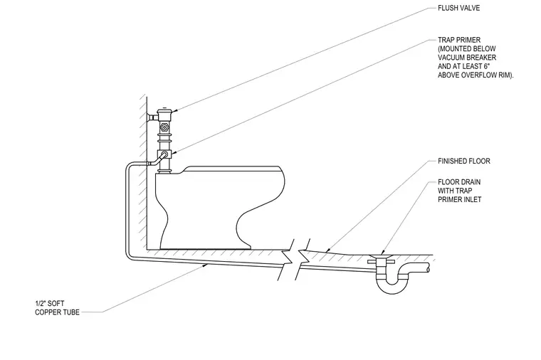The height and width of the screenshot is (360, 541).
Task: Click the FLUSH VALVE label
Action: (x=458, y=8)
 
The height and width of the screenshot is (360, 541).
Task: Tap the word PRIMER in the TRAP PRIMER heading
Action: (x=468, y=40)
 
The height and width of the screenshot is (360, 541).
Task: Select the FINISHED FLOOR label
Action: (x=463, y=161)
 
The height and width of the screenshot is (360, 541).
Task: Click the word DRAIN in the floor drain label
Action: (x=469, y=182)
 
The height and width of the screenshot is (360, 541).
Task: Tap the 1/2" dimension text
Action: (x=40, y=304)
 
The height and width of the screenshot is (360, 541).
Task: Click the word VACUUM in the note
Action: (x=451, y=58)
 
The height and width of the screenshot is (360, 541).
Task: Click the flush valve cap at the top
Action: (x=165, y=112)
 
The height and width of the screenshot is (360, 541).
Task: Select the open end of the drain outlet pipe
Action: (x=429, y=268)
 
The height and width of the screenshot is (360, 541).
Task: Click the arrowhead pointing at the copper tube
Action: (x=206, y=265)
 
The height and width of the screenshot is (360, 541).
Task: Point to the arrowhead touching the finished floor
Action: (x=329, y=249)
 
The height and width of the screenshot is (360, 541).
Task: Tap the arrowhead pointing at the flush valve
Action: (x=175, y=111)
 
